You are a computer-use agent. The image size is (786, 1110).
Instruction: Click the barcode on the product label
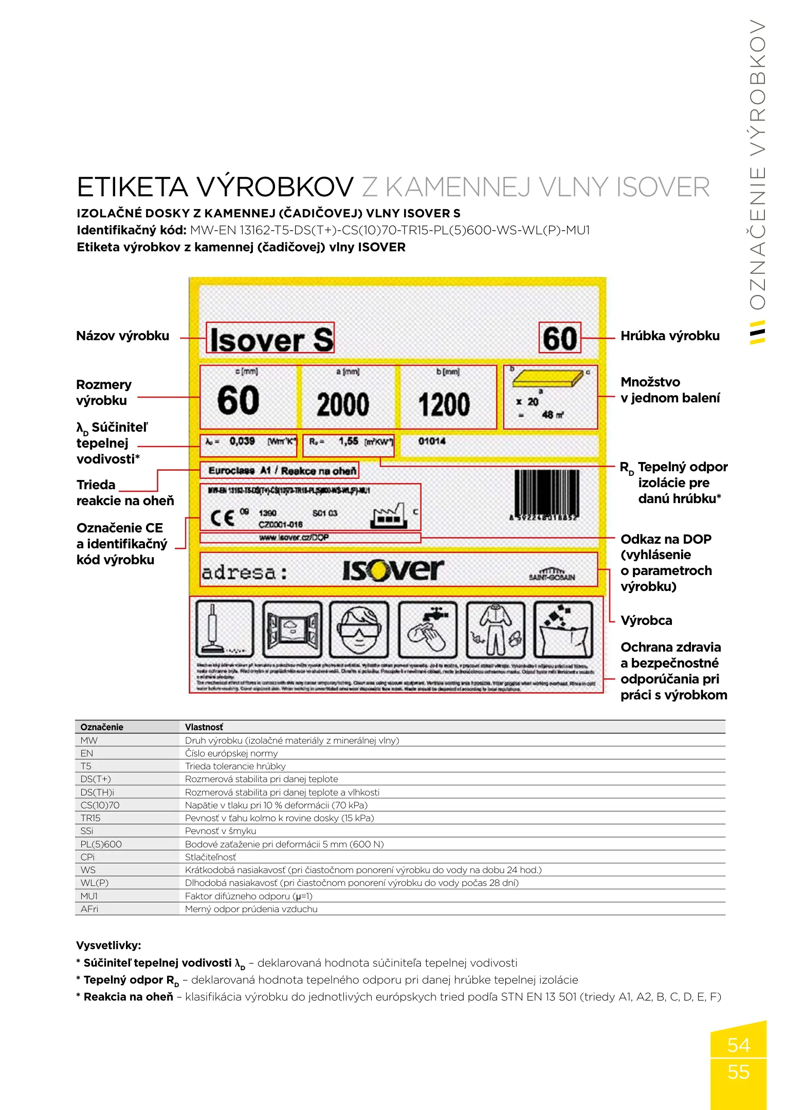click(546, 492)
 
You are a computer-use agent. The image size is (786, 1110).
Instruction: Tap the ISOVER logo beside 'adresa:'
click(393, 570)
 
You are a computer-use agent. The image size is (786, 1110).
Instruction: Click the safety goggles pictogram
click(359, 630)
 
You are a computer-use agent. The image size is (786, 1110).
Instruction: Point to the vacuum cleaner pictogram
click(225, 630)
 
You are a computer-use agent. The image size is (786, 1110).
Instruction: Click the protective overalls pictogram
click(496, 630)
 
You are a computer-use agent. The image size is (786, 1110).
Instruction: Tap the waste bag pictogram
click(563, 630)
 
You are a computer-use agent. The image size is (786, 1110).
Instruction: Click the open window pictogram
click(292, 630)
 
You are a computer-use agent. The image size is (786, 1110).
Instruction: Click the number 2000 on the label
click(343, 404)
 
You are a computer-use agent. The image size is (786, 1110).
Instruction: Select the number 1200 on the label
click(444, 404)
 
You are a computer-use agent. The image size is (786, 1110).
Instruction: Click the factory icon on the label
click(388, 516)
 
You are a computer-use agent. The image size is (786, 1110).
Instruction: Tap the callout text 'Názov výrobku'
click(122, 336)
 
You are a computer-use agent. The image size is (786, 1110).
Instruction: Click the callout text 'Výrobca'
click(646, 621)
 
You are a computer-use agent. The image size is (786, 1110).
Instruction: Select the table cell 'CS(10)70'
click(100, 805)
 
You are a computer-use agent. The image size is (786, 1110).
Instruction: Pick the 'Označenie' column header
click(102, 727)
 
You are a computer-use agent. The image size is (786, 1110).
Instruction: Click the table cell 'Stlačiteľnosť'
click(211, 857)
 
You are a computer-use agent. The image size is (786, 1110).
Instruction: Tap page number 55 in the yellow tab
click(738, 1072)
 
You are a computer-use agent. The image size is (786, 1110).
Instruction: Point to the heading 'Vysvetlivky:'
click(108, 945)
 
